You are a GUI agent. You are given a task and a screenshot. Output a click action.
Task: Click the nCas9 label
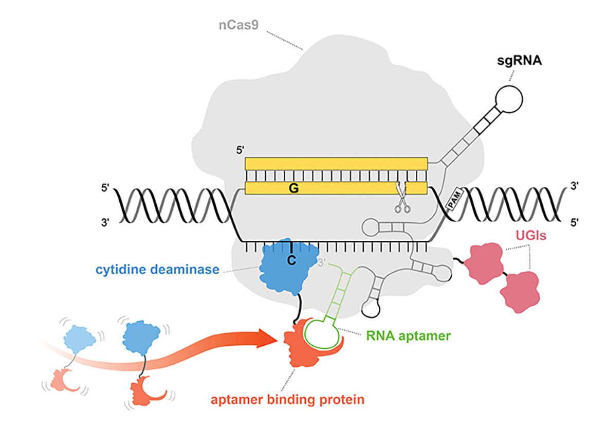[238, 25]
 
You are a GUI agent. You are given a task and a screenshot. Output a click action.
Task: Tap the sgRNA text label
[519, 61]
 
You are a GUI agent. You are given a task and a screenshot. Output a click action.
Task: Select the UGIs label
[530, 235]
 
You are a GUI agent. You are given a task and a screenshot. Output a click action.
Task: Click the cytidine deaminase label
[157, 269]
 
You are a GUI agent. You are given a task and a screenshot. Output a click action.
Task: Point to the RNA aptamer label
[409, 335]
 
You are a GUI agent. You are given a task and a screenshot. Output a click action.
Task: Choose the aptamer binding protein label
[287, 399]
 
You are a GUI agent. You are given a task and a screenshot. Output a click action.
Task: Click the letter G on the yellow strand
[294, 188]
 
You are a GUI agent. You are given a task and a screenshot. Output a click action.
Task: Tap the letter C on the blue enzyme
[291, 260]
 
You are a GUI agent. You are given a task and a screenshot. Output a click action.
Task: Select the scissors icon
[401, 197]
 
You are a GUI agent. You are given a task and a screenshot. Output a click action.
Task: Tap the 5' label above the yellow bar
[241, 150]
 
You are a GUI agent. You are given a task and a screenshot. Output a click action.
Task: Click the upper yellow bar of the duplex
[337, 164]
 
